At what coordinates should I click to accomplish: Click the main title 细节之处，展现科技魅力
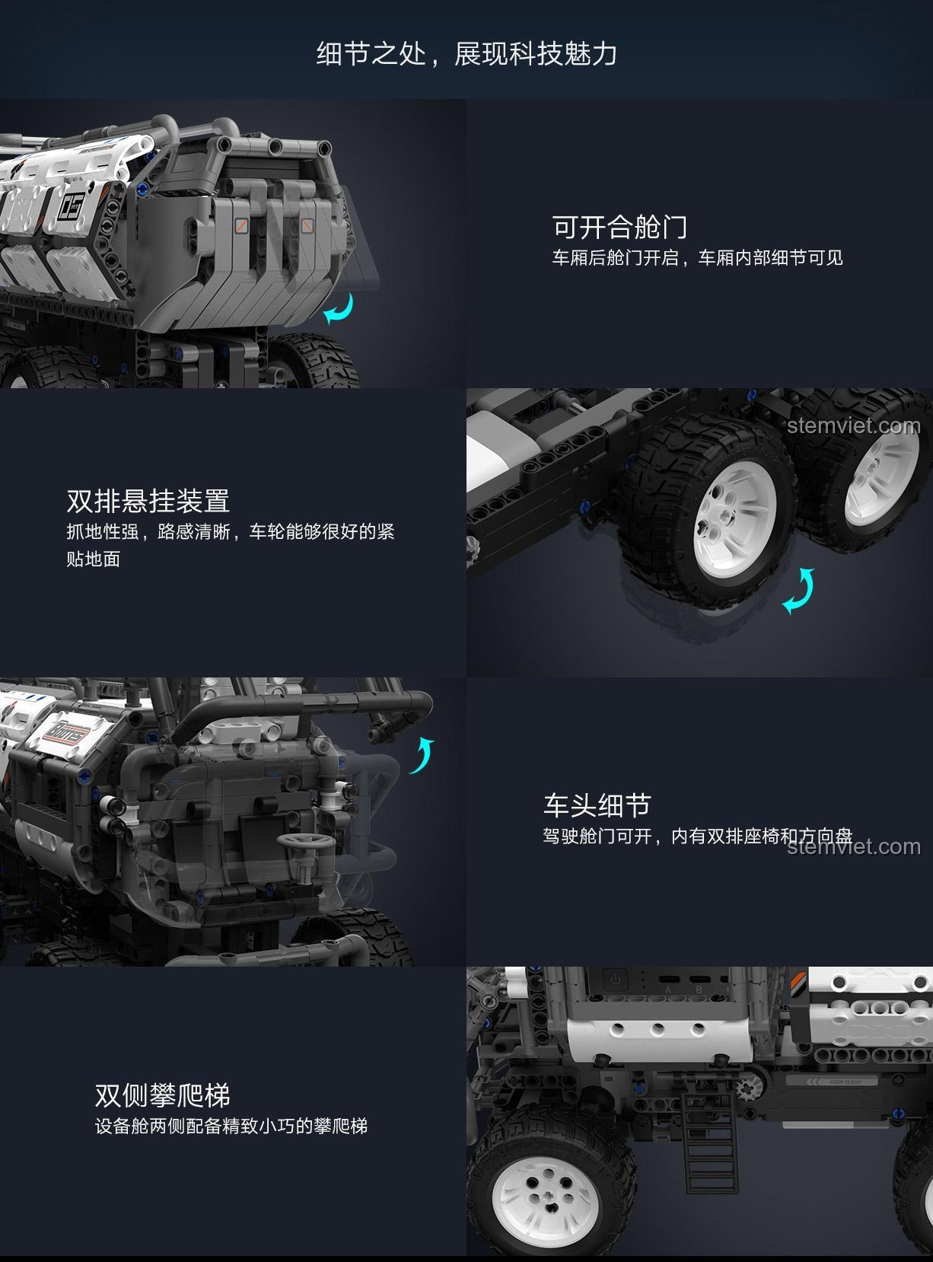point(466,54)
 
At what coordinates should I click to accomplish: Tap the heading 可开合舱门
point(619,227)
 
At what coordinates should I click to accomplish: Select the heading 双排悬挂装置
point(148,501)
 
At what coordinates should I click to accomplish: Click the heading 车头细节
point(597,805)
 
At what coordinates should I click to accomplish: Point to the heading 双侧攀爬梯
point(162,1095)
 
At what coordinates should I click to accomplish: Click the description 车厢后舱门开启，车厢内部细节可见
point(697,258)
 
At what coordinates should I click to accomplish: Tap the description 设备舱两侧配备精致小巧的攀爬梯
point(231,1126)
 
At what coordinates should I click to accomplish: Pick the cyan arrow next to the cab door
point(422,755)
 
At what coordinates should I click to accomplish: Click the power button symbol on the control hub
point(615,978)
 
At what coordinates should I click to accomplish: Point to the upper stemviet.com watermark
point(853,425)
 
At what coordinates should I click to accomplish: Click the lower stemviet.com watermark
point(853,846)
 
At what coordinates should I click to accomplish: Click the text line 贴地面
point(94,559)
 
